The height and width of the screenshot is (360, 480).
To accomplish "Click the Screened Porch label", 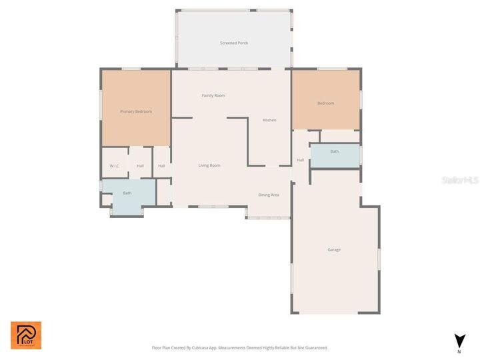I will (x=234, y=43).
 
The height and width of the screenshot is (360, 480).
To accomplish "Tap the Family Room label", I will (x=213, y=95).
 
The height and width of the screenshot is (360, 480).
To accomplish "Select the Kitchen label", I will (x=269, y=120).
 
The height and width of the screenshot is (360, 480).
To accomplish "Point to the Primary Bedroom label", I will (x=136, y=111).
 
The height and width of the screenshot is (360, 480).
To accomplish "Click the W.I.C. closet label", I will (x=115, y=166).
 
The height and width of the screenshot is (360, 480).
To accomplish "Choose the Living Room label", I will (x=209, y=165).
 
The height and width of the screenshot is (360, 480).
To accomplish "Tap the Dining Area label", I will (x=269, y=195).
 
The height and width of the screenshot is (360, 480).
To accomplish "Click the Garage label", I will (x=334, y=249).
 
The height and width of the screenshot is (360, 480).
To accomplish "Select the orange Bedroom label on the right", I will (x=325, y=103).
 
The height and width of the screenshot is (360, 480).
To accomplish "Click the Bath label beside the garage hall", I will (x=334, y=151).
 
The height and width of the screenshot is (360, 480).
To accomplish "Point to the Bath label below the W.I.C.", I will (x=127, y=193).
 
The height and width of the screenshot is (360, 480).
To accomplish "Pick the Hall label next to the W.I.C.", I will (x=140, y=166).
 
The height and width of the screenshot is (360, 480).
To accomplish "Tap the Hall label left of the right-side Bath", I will (x=300, y=160).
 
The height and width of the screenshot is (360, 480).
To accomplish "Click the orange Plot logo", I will (x=25, y=335).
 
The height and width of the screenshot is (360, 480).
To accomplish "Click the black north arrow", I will (x=459, y=340).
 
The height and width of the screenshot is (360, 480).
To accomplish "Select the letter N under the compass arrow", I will (x=459, y=351).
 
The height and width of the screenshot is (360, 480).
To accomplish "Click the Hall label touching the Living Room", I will (x=162, y=166).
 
